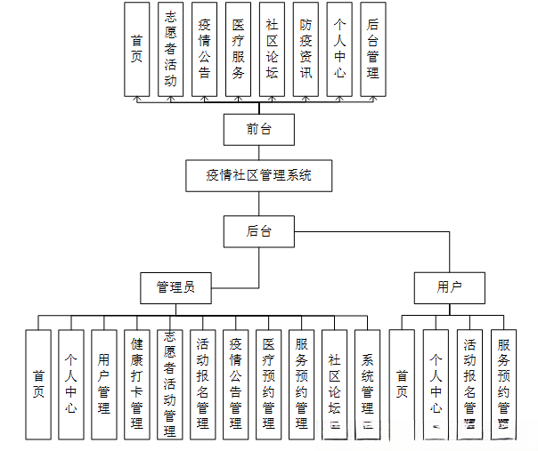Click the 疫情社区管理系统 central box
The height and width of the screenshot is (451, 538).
click(x=259, y=175)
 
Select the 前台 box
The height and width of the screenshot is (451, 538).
click(x=259, y=130)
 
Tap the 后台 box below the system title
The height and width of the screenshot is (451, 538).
click(x=259, y=231)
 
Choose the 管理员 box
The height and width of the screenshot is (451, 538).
click(x=175, y=287)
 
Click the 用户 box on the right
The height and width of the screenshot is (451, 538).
click(x=449, y=287)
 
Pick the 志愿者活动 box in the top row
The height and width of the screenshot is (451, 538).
click(x=170, y=49)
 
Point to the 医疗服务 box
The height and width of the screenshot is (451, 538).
click(x=238, y=49)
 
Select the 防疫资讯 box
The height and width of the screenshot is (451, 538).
click(x=306, y=49)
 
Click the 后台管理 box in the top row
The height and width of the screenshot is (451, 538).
click(x=373, y=49)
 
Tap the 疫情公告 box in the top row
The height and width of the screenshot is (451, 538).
click(x=204, y=49)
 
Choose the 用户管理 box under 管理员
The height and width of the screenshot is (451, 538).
click(x=104, y=384)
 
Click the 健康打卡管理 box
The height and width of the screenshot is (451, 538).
click(x=137, y=384)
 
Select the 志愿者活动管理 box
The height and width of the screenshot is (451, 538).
click(x=170, y=384)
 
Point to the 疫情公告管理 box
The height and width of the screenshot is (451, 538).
click(x=236, y=384)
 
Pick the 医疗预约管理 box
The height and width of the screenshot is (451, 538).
click(x=269, y=384)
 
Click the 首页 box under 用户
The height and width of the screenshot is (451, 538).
click(x=402, y=384)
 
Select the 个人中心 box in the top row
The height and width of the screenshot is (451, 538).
click(x=339, y=49)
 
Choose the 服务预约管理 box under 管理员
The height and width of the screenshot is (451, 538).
click(x=302, y=384)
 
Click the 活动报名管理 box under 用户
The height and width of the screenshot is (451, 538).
click(x=469, y=384)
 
